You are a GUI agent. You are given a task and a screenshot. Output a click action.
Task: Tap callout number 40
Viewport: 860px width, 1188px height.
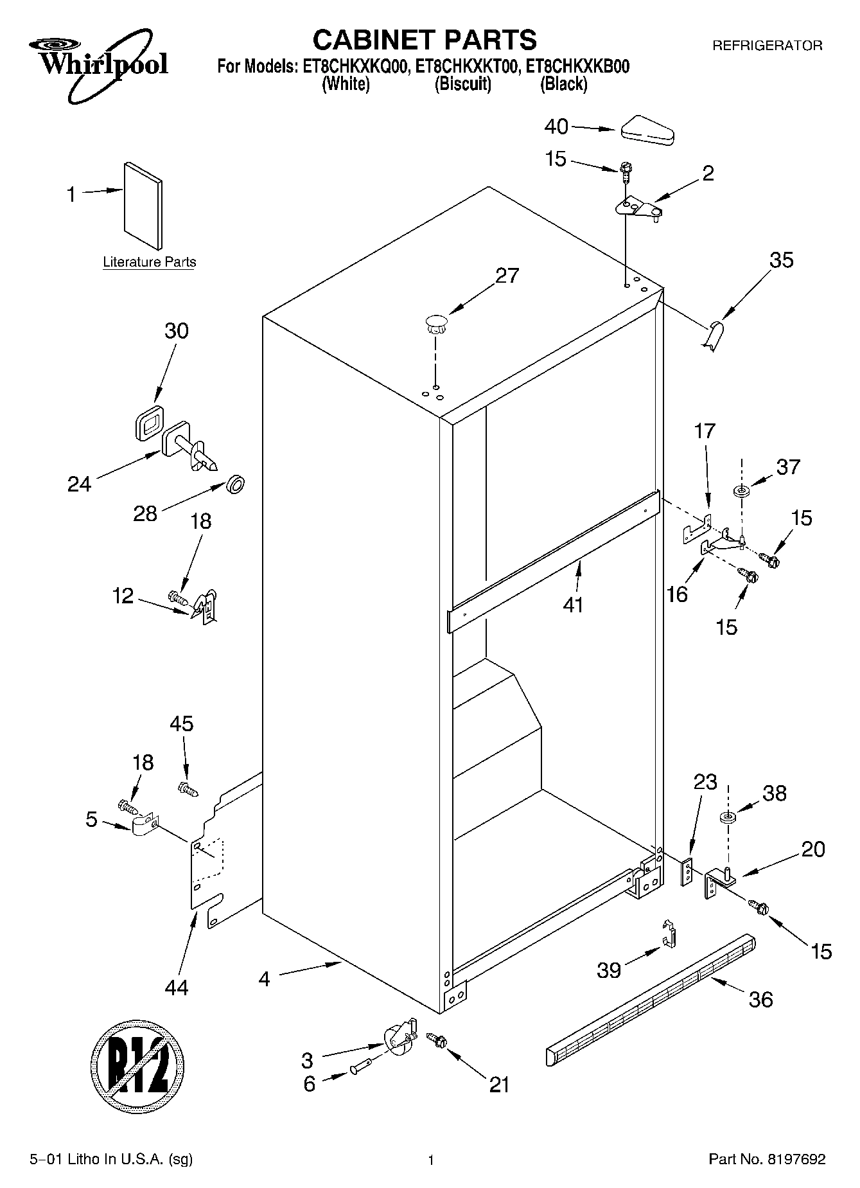556,127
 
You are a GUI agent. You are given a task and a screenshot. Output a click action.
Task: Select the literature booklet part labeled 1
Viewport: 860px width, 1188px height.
143,204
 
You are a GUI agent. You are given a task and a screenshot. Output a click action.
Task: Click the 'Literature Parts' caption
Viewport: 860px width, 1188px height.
150,262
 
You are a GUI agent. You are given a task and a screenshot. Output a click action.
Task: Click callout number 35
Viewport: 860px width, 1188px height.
781,260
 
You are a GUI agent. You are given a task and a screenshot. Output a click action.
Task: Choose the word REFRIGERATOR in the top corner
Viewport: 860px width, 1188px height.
767,46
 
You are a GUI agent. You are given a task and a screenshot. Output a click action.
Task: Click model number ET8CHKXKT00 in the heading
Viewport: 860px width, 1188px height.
468,66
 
